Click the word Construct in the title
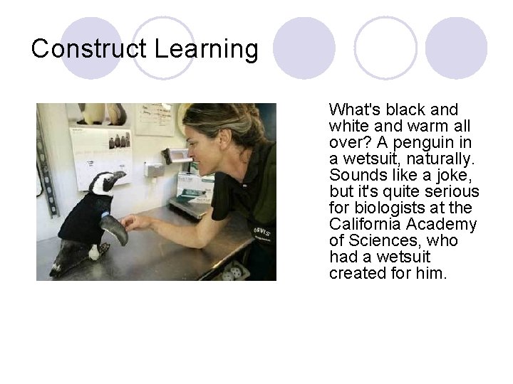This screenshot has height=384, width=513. click(x=89, y=49)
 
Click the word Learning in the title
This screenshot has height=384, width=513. click(x=206, y=49)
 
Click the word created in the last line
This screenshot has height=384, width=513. click(x=355, y=273)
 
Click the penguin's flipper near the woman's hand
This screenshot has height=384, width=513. click(x=114, y=229)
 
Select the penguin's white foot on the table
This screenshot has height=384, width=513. click(x=93, y=253)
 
